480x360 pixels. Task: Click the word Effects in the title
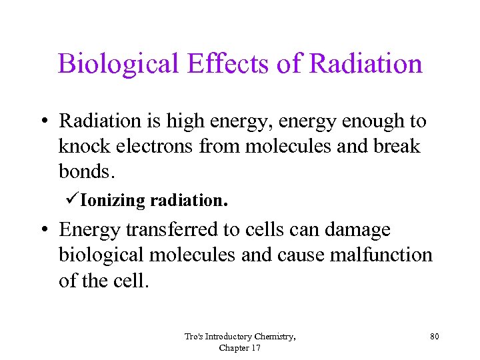(x=217, y=64)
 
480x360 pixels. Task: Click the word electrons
(x=157, y=147)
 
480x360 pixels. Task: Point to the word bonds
(x=87, y=172)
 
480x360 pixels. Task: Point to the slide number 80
(x=434, y=337)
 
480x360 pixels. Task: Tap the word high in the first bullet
(x=181, y=121)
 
